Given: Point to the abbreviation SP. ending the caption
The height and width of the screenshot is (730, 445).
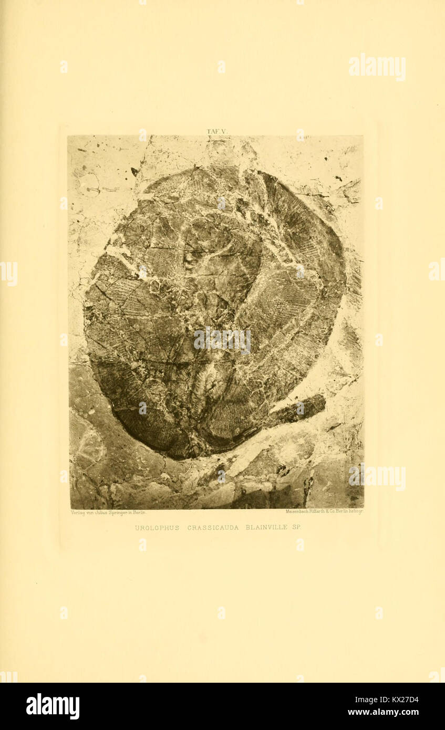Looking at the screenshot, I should pos(296,527).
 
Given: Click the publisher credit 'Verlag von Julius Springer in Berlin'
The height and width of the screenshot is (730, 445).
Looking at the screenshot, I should pos(108,512).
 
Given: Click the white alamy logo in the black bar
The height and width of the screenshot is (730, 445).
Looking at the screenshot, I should pos(53,706).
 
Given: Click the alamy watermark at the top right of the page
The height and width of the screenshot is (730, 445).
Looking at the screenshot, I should pos(377,67).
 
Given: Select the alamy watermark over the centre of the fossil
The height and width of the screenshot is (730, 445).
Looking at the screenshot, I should pos(222,340).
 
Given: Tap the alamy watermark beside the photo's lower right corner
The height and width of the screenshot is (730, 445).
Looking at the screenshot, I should pos(377,477).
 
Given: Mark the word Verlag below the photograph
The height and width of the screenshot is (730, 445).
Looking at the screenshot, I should pos(77,512).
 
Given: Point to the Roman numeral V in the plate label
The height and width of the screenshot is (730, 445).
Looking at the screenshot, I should pos(223,131).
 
